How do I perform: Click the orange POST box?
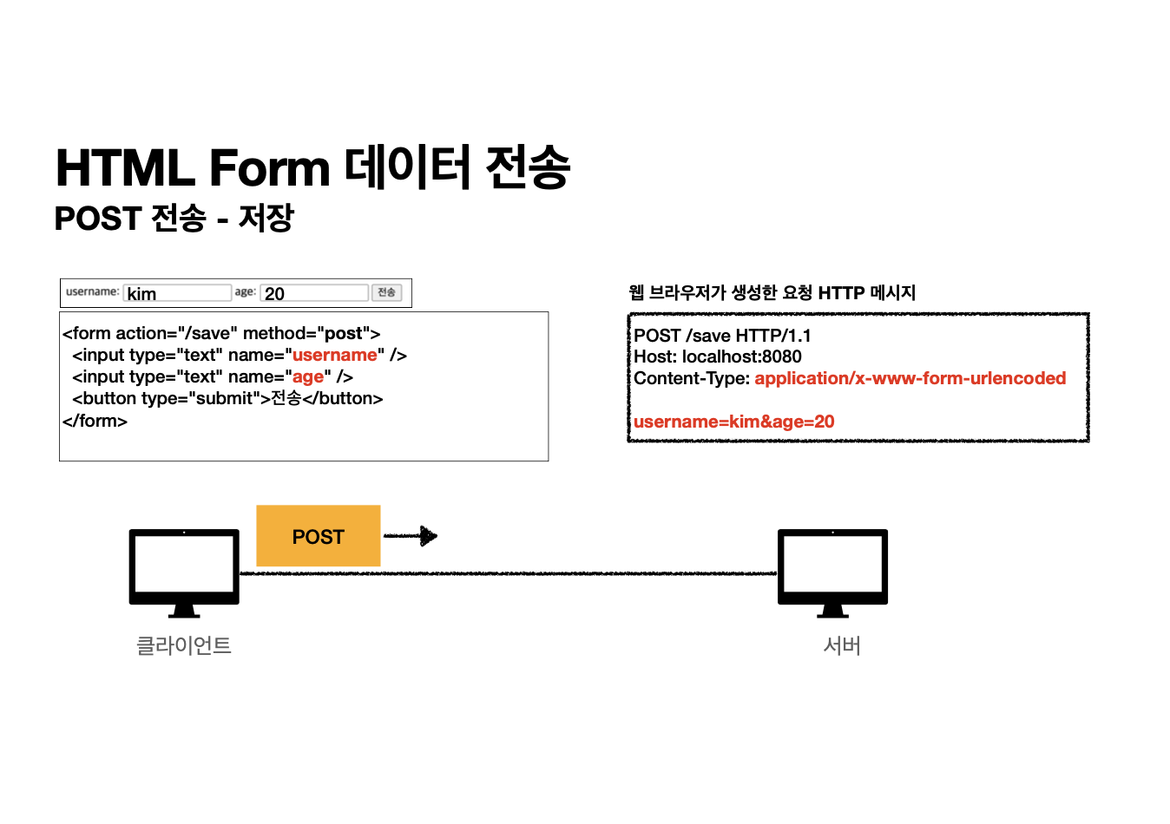click(x=319, y=536)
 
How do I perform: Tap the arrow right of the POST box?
click(x=411, y=536)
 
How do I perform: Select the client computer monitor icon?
click(x=184, y=572)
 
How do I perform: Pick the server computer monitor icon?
click(x=832, y=572)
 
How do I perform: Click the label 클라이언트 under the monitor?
click(x=184, y=645)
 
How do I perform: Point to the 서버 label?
click(x=841, y=645)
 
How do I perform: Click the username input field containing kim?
click(x=177, y=293)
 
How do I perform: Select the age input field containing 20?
click(x=314, y=293)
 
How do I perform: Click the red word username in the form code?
click(x=335, y=355)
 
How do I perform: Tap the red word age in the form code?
click(x=308, y=376)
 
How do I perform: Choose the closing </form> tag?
click(x=95, y=421)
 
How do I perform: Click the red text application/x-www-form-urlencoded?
click(x=910, y=378)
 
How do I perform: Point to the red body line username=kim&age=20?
click(x=734, y=422)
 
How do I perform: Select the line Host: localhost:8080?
click(x=718, y=356)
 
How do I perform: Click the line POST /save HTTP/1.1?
click(x=722, y=336)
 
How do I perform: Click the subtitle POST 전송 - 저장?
click(x=174, y=218)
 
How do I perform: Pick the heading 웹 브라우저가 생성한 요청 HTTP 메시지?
click(x=772, y=292)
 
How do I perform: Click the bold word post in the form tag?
click(x=344, y=333)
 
